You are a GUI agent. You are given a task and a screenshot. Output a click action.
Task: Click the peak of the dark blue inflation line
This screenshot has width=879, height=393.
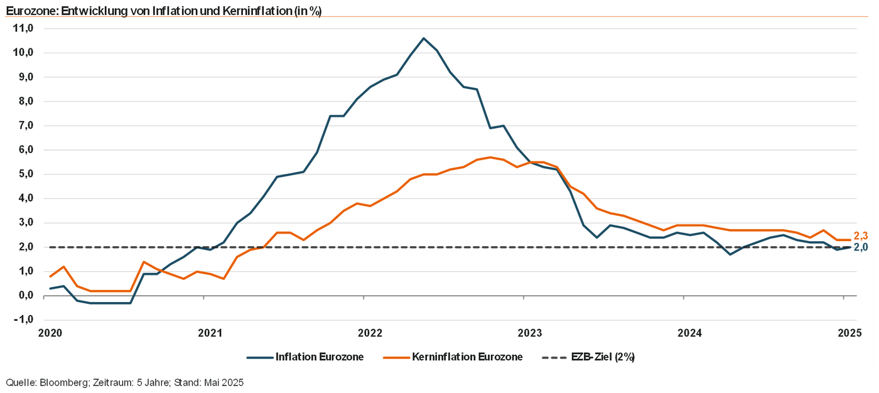[x=423, y=38]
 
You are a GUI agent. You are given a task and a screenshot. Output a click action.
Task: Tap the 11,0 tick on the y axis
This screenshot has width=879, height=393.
[x=23, y=28]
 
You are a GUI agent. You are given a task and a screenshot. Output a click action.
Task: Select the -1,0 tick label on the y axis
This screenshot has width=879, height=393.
[x=23, y=320]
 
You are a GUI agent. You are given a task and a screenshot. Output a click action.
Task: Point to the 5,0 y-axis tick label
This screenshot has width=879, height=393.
[x=24, y=174]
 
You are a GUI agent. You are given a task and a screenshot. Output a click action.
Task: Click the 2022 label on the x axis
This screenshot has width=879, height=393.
[x=370, y=333]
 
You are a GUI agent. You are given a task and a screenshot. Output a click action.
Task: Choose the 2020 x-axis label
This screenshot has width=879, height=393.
[x=50, y=333]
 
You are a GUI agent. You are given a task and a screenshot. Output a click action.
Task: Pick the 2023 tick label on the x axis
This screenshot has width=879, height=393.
[x=530, y=333]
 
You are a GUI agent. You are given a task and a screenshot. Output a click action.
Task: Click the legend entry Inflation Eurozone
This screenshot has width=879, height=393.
[x=319, y=357]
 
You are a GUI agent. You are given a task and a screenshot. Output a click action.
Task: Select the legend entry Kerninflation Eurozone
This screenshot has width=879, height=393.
[x=467, y=357]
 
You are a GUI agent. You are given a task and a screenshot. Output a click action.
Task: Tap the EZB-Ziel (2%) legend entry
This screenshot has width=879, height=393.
[x=603, y=357]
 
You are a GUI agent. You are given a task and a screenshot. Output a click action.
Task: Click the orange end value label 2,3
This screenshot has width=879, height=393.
[x=861, y=236]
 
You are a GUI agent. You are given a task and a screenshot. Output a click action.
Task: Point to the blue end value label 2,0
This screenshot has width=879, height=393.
[x=861, y=247]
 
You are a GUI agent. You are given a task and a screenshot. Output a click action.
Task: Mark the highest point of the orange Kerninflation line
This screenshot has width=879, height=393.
[x=490, y=158]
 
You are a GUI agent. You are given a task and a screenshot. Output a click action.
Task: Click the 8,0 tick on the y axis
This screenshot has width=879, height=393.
[x=24, y=101]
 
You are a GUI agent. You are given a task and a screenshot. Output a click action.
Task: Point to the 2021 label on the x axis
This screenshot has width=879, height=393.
[x=210, y=333]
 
